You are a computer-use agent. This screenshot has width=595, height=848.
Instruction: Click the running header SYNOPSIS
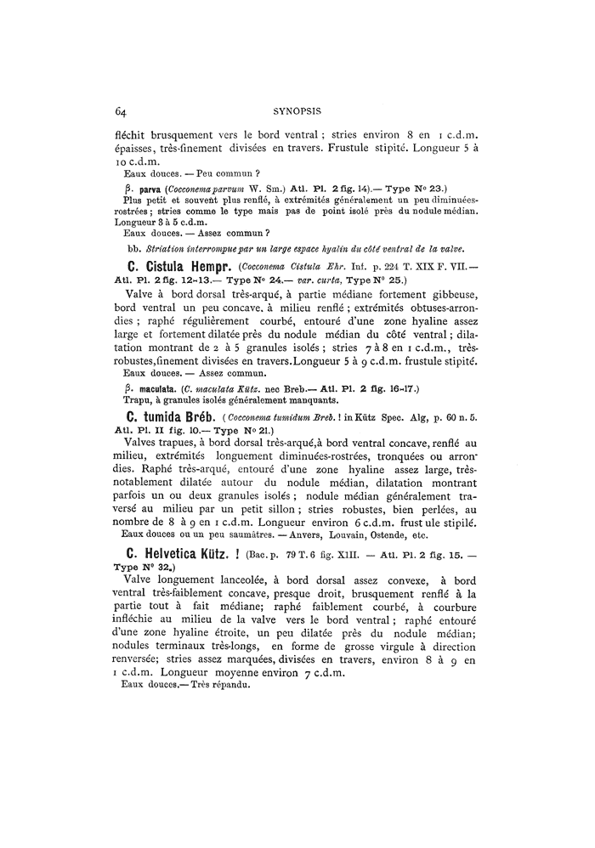click(296, 110)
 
